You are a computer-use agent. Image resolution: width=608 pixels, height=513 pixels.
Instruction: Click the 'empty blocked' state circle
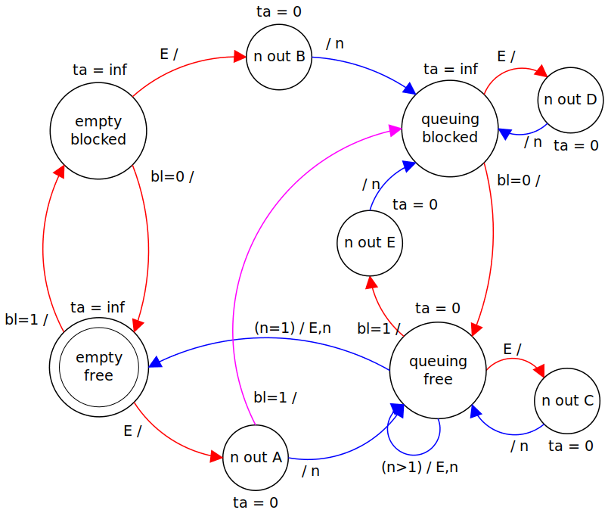tap(98, 130)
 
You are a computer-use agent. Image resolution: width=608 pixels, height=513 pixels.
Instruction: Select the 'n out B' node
tap(279, 57)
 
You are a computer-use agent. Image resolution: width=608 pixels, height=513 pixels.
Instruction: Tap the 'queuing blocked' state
tap(450, 129)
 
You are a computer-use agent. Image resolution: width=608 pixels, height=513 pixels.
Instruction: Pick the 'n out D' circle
tap(571, 100)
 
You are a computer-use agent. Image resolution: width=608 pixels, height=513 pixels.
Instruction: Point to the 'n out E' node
tap(370, 243)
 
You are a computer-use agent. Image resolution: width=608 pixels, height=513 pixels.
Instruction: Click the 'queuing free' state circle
tap(438, 370)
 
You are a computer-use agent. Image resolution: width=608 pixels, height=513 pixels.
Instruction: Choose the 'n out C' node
tap(567, 401)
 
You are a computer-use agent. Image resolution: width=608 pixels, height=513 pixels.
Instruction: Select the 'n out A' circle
tap(256, 457)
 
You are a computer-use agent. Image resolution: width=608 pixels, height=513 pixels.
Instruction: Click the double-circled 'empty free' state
tap(98, 365)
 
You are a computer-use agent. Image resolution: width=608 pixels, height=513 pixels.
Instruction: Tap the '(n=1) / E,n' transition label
tap(293, 328)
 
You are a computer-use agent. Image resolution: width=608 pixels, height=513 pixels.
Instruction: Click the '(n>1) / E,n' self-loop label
tap(420, 467)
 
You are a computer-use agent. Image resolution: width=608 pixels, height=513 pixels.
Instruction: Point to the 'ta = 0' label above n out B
tap(278, 11)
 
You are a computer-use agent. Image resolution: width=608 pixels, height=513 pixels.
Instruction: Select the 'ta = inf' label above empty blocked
tap(100, 70)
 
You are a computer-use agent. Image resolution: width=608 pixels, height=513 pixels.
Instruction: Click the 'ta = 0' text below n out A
tap(256, 502)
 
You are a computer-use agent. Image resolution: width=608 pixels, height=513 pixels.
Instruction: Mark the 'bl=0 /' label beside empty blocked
tap(172, 177)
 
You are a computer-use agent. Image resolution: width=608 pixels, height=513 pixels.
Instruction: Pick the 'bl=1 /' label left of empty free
tap(26, 319)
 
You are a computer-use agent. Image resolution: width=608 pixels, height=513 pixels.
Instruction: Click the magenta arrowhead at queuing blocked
tap(395, 129)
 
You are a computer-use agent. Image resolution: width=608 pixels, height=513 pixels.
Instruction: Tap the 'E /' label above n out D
tap(506, 57)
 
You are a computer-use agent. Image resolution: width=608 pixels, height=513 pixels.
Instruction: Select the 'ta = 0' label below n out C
tap(571, 446)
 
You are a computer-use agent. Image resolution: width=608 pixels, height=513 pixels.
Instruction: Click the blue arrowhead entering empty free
tap(154, 363)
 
